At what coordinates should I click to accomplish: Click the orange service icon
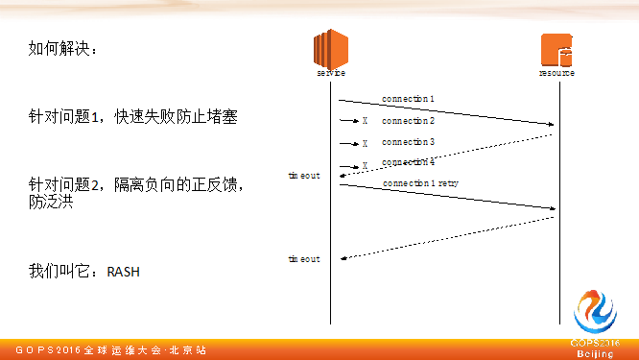(x=330, y=48)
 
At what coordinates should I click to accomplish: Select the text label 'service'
(x=330, y=73)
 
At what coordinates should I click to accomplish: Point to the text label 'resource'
(x=556, y=73)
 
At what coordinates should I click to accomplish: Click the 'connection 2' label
(x=408, y=121)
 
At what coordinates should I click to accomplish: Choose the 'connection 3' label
(x=408, y=142)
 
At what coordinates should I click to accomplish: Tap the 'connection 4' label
(x=408, y=162)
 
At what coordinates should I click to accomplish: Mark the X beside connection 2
(x=365, y=121)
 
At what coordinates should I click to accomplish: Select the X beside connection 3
(x=365, y=143)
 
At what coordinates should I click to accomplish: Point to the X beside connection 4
(x=365, y=165)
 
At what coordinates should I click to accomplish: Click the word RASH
(x=123, y=272)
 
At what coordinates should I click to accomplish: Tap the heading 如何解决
(x=62, y=49)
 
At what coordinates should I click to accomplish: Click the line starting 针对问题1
(x=132, y=117)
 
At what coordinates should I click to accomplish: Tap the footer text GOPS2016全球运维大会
(x=106, y=350)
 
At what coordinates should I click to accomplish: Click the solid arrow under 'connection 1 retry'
(x=447, y=196)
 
